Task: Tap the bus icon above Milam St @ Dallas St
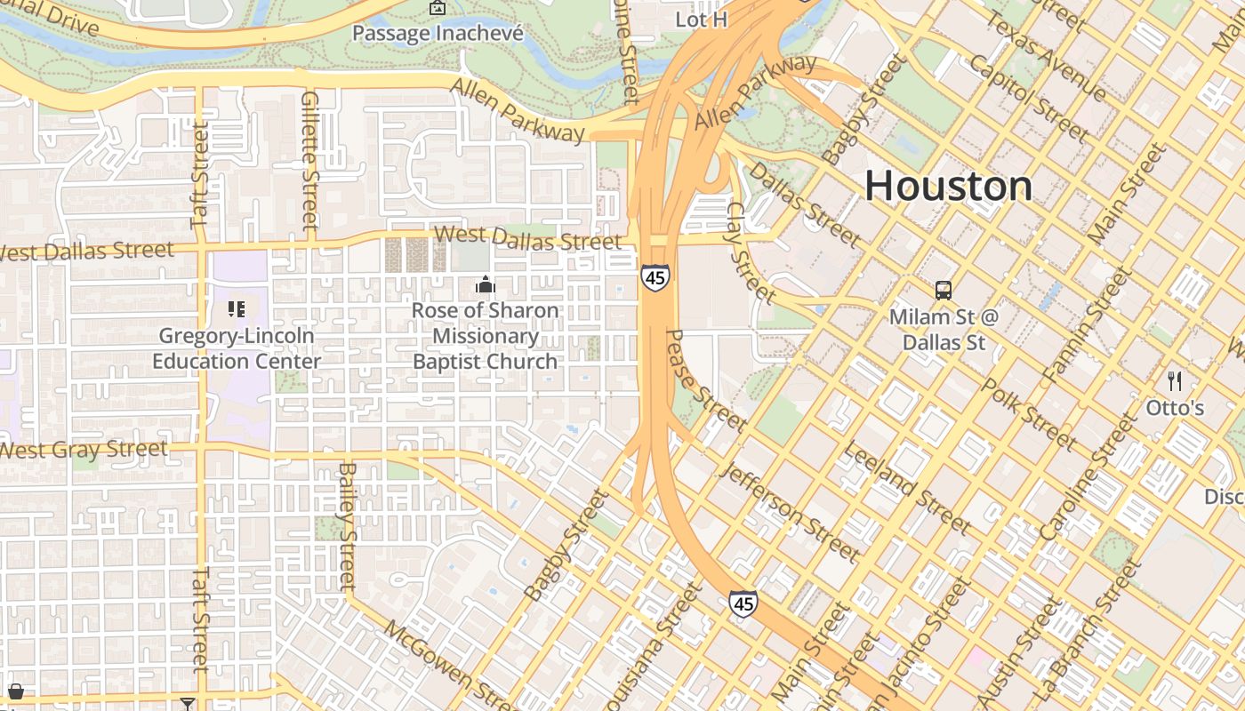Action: tap(943, 290)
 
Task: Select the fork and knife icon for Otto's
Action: tap(1175, 381)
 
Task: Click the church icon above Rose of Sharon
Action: tap(485, 284)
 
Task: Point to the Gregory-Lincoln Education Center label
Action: tap(236, 348)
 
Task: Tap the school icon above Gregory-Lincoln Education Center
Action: tap(236, 309)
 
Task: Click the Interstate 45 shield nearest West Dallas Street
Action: tap(655, 277)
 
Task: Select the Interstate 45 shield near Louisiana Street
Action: tap(743, 604)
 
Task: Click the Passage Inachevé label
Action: tap(438, 33)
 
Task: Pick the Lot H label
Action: tap(702, 19)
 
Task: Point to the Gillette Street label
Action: tap(309, 160)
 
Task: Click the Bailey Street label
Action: tap(348, 526)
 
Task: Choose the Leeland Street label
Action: tap(906, 486)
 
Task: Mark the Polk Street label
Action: tap(1030, 413)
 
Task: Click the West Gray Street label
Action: tap(84, 449)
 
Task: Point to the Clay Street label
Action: tap(751, 252)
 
